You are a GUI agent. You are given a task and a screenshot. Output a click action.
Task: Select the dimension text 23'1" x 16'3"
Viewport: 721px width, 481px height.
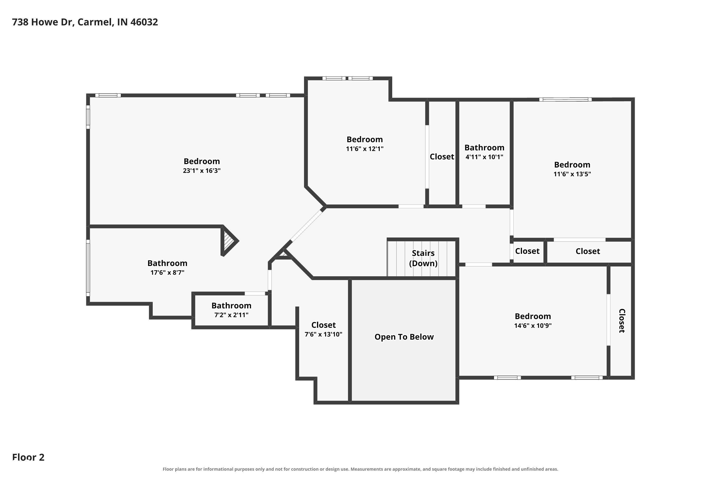(202, 171)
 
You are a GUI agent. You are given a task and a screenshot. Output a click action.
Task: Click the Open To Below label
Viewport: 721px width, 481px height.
(404, 337)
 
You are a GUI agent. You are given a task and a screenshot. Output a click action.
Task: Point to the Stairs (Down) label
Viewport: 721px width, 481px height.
(423, 258)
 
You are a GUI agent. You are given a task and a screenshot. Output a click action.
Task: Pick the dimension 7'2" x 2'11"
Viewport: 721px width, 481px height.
(231, 315)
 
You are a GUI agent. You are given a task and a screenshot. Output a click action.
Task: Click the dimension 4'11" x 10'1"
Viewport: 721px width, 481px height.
(484, 157)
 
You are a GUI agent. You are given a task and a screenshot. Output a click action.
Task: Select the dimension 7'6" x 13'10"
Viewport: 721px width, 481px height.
(323, 334)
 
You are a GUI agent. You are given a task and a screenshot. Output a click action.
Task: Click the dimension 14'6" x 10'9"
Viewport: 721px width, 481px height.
(533, 325)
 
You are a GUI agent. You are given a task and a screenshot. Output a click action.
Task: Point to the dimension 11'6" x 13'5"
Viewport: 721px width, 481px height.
(572, 174)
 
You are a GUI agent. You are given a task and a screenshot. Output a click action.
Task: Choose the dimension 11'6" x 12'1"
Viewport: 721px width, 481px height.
(365, 149)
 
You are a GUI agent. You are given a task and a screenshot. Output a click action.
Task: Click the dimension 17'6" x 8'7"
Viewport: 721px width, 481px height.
(167, 272)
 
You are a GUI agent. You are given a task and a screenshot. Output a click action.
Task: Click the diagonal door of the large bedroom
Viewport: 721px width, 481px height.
(307, 225)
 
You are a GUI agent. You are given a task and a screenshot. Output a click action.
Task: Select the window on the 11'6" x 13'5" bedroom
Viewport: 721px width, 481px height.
(565, 99)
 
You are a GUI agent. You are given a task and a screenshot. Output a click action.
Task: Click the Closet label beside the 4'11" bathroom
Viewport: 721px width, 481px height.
(442, 157)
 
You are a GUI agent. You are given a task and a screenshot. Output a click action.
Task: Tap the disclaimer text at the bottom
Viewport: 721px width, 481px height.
(360, 469)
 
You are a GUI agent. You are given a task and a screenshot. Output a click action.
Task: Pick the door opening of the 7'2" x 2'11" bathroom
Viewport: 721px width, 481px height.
(255, 294)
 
